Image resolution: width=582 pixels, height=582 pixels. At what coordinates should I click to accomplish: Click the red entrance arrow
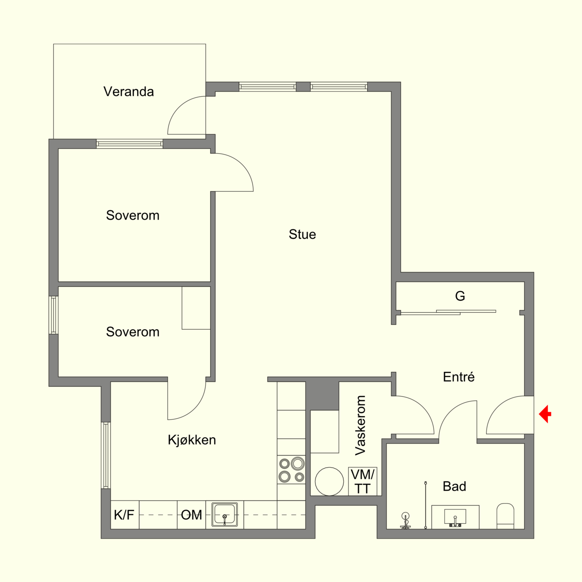tap(545, 414)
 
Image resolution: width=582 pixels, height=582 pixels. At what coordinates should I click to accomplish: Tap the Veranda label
tap(129, 91)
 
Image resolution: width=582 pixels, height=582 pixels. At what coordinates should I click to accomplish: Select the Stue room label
tap(302, 234)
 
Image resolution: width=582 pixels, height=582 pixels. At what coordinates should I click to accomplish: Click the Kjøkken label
tap(192, 440)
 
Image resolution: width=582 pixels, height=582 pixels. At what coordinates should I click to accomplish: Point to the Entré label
tap(459, 377)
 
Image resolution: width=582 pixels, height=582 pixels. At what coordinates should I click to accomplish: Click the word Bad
tap(454, 486)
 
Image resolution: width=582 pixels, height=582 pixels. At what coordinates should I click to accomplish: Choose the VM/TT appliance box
tap(362, 482)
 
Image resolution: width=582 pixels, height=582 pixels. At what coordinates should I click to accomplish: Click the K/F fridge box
tap(125, 515)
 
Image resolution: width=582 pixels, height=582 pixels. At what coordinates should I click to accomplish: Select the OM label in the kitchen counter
tap(191, 515)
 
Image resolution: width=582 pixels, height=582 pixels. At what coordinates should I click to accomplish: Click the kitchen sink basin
tap(224, 514)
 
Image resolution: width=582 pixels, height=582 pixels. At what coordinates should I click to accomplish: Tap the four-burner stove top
tap(291, 470)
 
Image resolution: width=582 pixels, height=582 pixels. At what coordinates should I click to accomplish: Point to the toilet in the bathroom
tap(505, 516)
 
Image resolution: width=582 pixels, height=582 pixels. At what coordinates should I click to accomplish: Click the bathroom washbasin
tap(455, 517)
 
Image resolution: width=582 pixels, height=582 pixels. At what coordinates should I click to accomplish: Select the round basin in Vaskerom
tap(329, 482)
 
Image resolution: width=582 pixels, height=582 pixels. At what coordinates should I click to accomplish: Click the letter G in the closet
tap(460, 296)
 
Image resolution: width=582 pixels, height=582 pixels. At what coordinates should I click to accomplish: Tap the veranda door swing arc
tap(179, 107)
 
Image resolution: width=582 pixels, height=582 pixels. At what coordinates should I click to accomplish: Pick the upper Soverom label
tap(133, 216)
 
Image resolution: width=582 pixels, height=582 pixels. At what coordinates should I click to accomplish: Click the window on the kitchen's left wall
tap(106, 455)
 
